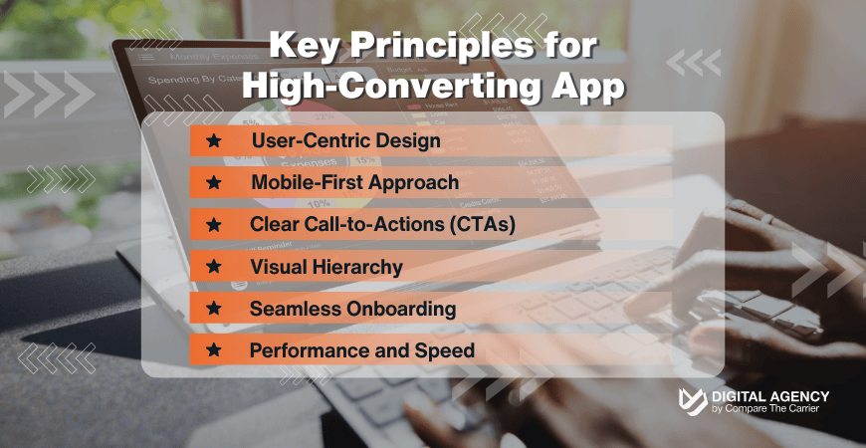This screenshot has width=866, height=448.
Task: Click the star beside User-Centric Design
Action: [212, 141]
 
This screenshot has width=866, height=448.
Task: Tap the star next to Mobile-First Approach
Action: [212, 183]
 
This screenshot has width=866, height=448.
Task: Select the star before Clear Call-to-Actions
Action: [212, 225]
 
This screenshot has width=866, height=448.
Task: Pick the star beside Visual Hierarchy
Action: [212, 267]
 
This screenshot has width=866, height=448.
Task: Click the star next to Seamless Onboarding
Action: [212, 309]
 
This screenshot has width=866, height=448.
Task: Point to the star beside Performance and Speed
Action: [212, 350]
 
